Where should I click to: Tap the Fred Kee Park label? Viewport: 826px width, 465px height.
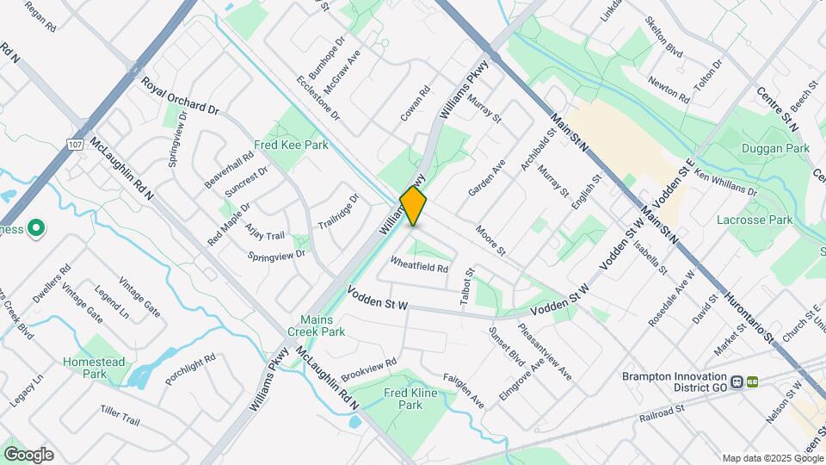click(291, 146)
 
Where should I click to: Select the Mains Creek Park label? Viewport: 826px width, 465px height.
click(323, 325)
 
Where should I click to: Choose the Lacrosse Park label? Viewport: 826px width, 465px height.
click(755, 220)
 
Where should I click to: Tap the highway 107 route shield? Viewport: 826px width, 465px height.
click(76, 146)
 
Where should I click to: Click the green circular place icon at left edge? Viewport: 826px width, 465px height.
click(35, 229)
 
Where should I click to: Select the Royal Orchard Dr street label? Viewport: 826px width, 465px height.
click(181, 96)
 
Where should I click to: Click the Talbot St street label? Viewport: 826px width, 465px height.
click(468, 284)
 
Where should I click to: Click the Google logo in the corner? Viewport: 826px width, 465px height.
click(28, 455)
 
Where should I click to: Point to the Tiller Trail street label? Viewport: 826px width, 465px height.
click(120, 415)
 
